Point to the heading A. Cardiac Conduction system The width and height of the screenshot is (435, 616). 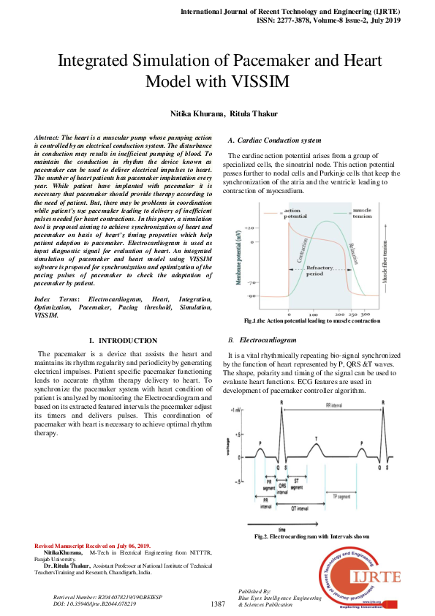274,140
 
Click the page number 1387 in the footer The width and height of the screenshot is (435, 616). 217,604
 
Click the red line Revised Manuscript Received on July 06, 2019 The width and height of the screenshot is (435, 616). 92,546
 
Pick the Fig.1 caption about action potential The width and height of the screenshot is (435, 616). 312,321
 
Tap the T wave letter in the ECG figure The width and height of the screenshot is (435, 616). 316,438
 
